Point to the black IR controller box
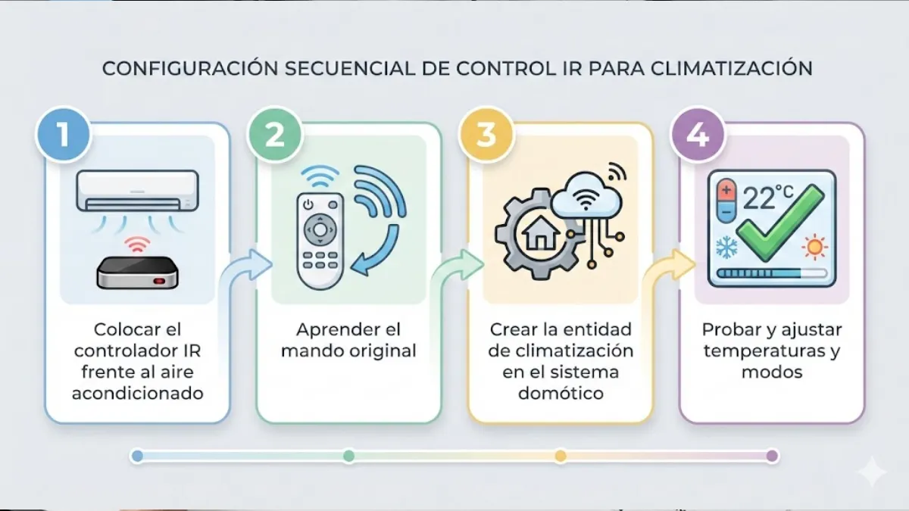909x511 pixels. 137,273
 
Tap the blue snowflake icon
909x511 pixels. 726,245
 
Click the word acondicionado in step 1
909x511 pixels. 137,394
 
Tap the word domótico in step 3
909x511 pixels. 560,394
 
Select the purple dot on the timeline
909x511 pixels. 772,456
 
